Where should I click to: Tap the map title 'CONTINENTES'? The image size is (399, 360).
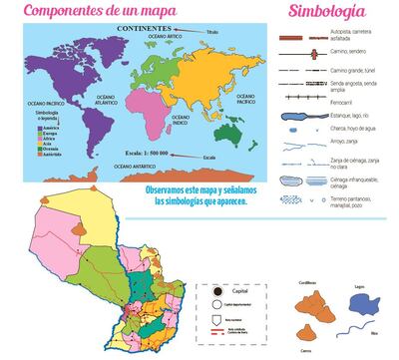[142, 29]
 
